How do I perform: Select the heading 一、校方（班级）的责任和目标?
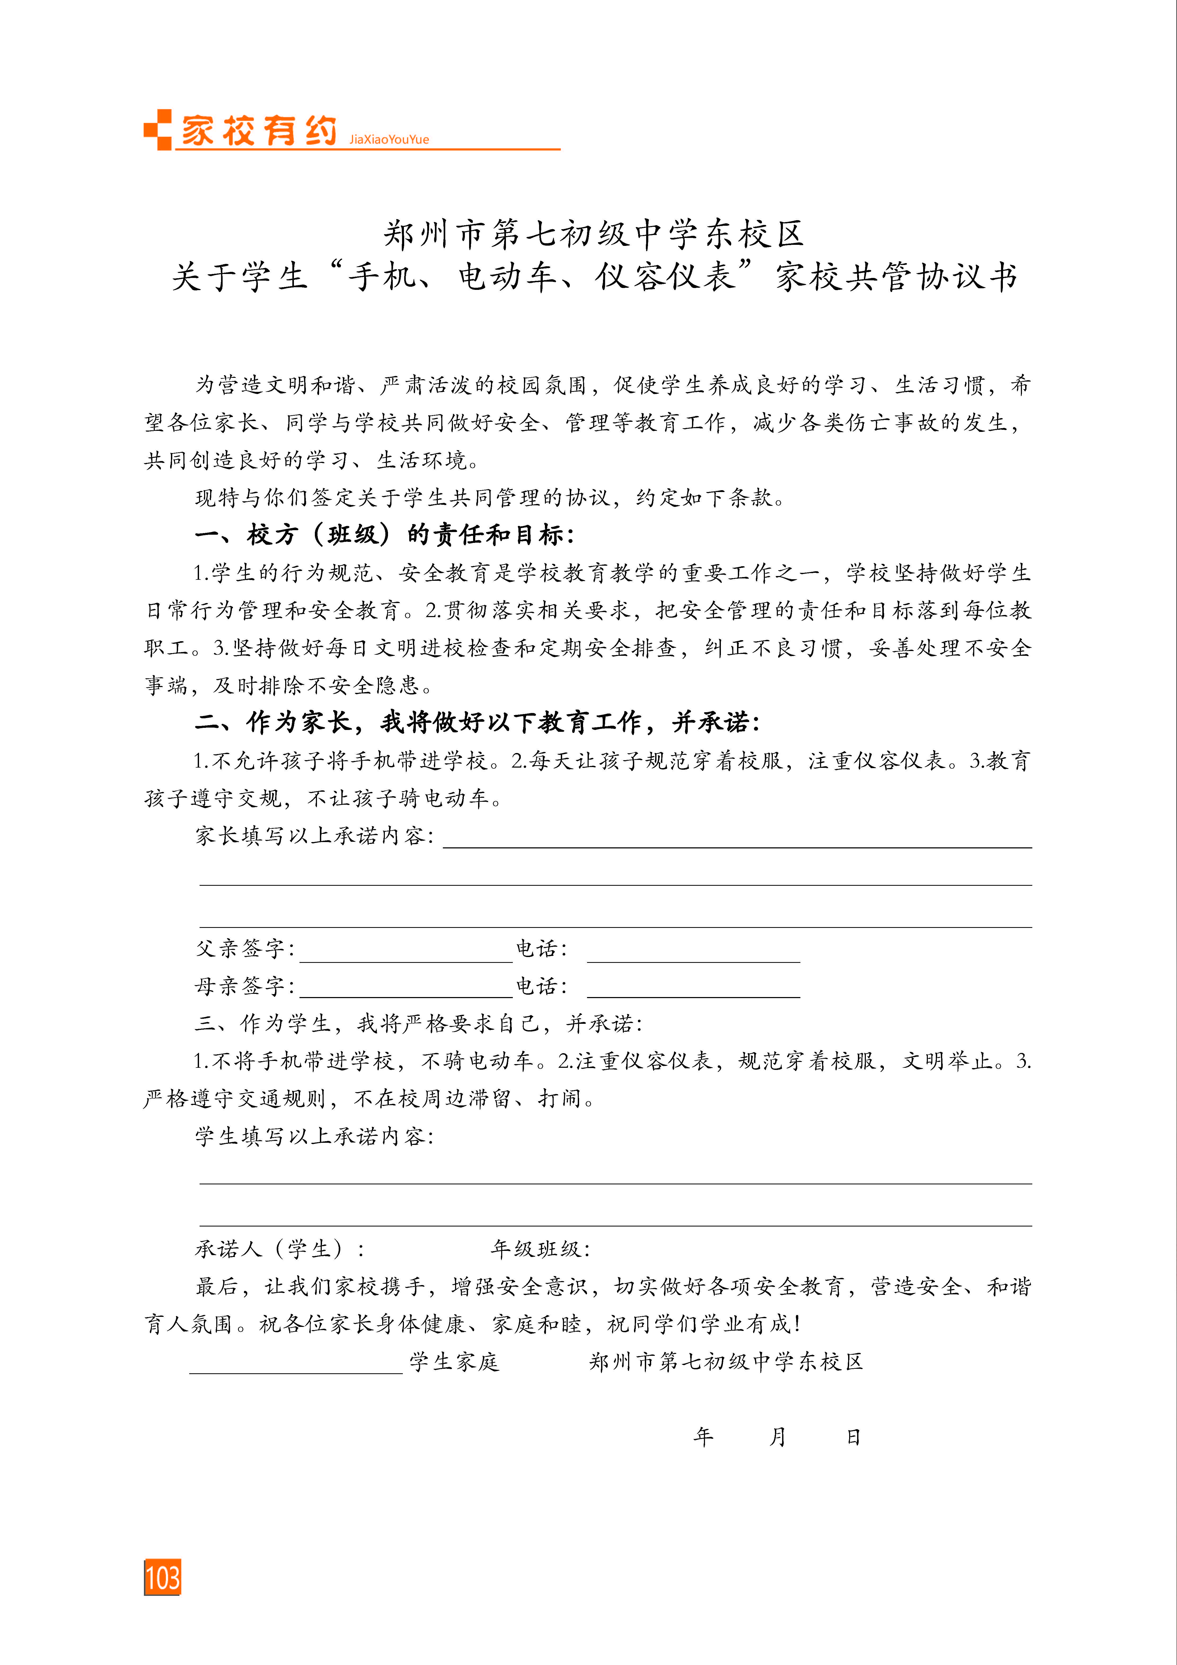(384, 535)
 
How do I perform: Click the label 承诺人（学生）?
(279, 1249)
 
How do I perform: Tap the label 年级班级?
(540, 1249)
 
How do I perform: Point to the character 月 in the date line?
(777, 1437)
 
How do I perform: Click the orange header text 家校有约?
(259, 131)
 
